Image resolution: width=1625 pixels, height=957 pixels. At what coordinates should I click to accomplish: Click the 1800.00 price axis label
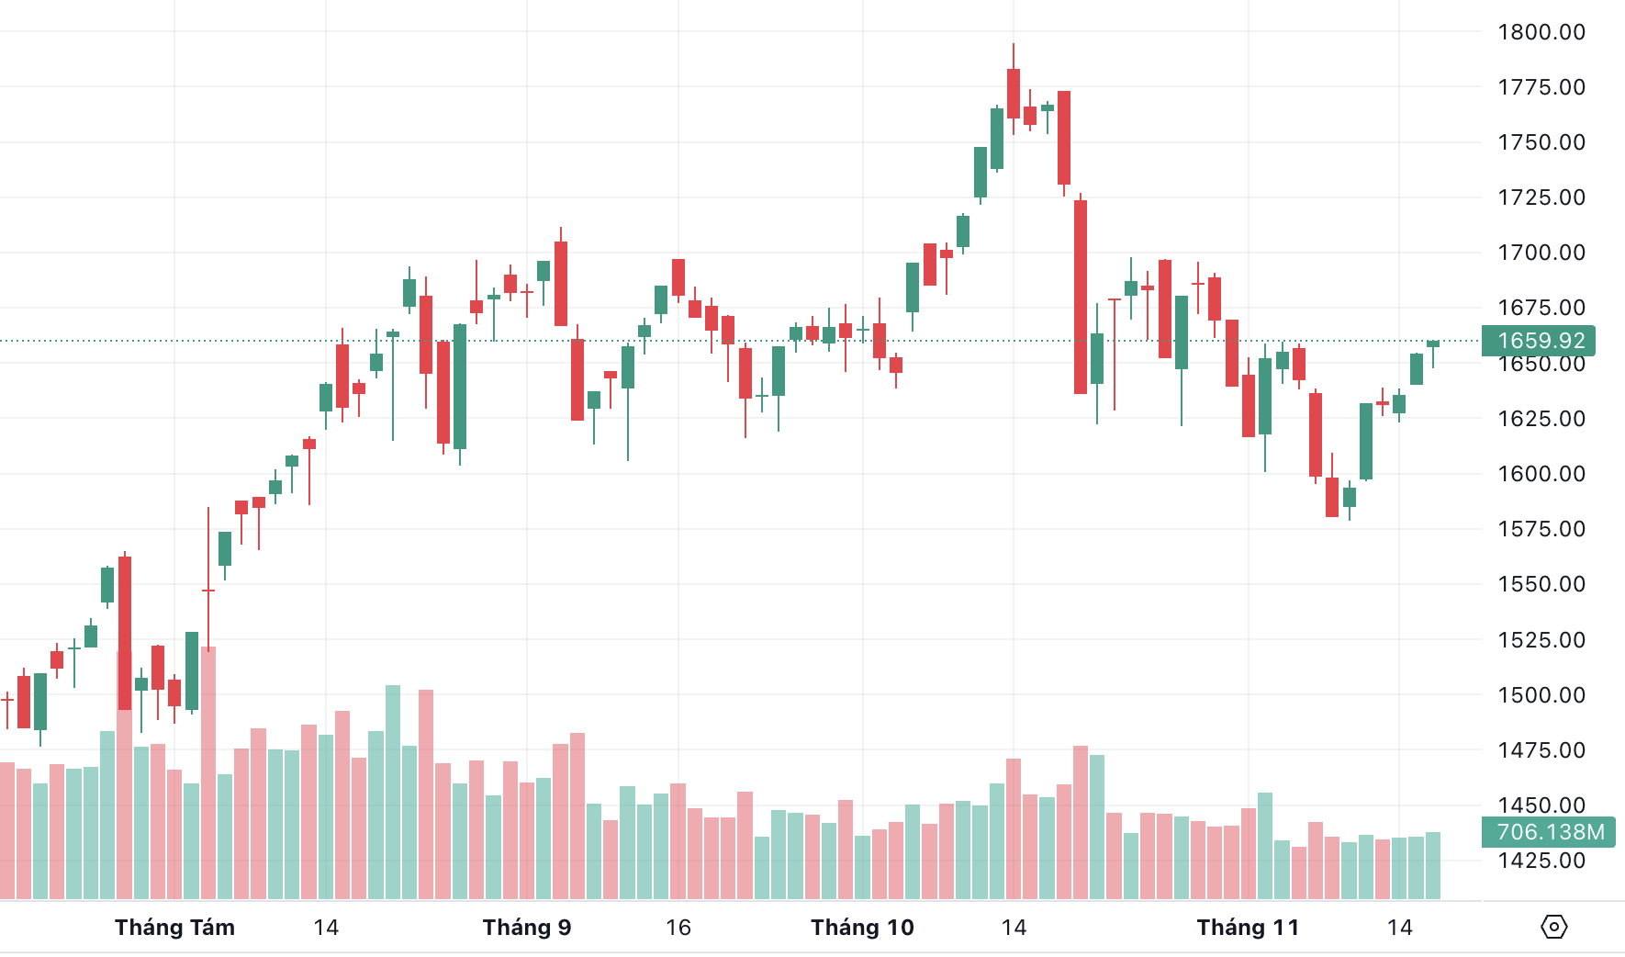pyautogui.click(x=1541, y=32)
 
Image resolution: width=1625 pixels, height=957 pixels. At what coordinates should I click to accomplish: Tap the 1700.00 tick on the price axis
pyautogui.click(x=1541, y=253)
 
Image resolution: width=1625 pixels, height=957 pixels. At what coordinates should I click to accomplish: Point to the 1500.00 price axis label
pyautogui.click(x=1541, y=695)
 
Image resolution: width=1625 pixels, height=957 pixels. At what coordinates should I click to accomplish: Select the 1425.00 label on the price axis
pyautogui.click(x=1541, y=861)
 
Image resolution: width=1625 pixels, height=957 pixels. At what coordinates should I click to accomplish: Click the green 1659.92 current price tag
pyautogui.click(x=1539, y=341)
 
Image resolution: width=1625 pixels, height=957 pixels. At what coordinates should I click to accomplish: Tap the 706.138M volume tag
pyautogui.click(x=1549, y=832)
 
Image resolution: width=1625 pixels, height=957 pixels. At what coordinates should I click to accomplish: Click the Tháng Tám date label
pyautogui.click(x=174, y=928)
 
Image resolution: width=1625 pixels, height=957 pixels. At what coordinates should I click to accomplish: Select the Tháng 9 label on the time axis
pyautogui.click(x=527, y=928)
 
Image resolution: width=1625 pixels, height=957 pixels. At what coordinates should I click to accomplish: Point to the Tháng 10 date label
pyautogui.click(x=862, y=928)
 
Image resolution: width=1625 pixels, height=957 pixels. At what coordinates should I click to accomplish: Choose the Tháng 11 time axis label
pyautogui.click(x=1248, y=928)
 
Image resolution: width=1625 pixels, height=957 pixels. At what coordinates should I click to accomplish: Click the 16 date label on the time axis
pyautogui.click(x=678, y=928)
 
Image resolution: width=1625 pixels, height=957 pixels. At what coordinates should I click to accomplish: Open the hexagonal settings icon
pyautogui.click(x=1553, y=927)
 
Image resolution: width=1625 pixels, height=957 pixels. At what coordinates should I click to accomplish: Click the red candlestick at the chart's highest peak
pyautogui.click(x=1014, y=93)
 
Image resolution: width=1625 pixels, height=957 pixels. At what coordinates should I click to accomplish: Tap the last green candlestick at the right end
pyautogui.click(x=1433, y=343)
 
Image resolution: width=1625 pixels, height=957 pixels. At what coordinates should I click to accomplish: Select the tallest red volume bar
pyautogui.click(x=208, y=771)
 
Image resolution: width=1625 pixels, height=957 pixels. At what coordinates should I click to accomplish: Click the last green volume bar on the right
pyautogui.click(x=1433, y=865)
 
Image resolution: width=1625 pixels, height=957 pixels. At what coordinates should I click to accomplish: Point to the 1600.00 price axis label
pyautogui.click(x=1541, y=474)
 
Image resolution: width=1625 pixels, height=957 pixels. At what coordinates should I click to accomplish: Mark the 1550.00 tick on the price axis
pyautogui.click(x=1541, y=584)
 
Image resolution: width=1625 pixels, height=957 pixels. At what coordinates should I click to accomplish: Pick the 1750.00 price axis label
pyautogui.click(x=1541, y=142)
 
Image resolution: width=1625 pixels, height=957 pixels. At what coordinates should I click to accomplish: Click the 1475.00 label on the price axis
pyautogui.click(x=1541, y=750)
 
